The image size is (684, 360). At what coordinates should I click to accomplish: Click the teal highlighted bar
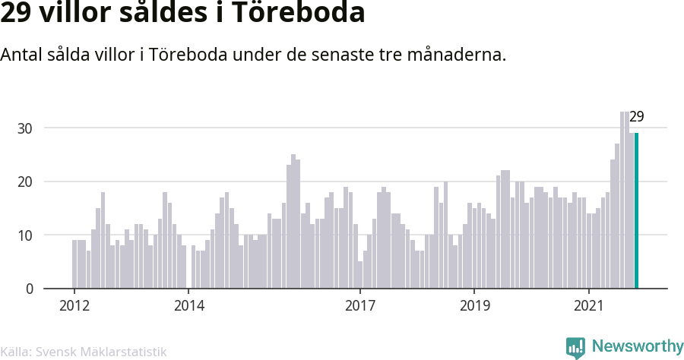click(x=636, y=210)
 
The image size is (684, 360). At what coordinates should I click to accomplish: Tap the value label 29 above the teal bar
click(x=636, y=117)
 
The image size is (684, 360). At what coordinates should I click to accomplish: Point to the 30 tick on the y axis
click(x=25, y=128)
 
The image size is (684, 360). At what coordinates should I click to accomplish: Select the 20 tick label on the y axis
click(x=25, y=182)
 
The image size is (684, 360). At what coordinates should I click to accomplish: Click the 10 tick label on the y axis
click(x=25, y=235)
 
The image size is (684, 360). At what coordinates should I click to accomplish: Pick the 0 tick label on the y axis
click(x=30, y=289)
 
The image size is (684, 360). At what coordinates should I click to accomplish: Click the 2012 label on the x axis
click(x=74, y=305)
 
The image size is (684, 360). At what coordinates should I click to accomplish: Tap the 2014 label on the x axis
click(x=189, y=305)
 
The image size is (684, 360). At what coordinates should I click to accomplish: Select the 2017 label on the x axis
click(x=360, y=305)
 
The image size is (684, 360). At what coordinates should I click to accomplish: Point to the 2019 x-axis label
click(x=474, y=305)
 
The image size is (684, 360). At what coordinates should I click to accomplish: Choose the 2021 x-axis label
click(x=589, y=305)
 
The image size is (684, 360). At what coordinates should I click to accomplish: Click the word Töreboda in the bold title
click(x=298, y=12)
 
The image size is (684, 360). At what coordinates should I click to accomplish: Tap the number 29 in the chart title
click(x=16, y=13)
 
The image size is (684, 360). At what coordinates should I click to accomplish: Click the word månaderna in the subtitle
click(x=457, y=55)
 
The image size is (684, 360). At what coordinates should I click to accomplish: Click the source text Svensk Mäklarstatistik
click(x=101, y=352)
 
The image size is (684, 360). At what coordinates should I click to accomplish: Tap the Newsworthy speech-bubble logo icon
click(x=575, y=348)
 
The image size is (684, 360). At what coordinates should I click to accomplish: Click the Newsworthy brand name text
click(x=638, y=346)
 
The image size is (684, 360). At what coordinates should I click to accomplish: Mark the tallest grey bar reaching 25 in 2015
click(x=293, y=222)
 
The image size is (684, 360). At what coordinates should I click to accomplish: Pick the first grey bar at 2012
click(x=74, y=264)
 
